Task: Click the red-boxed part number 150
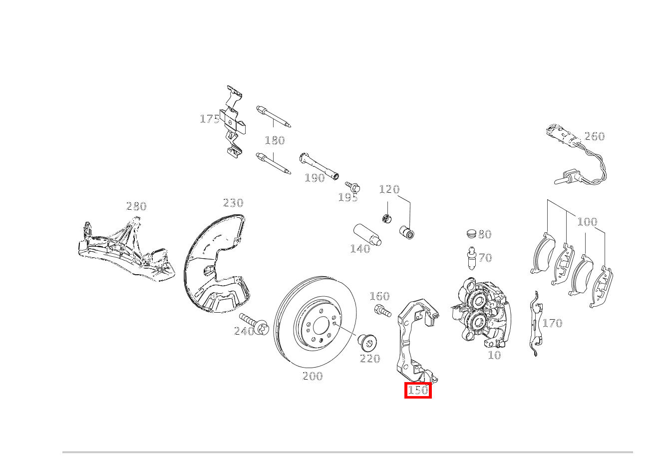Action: coord(418,390)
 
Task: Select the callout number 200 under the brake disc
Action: coord(313,376)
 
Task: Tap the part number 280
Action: coord(136,206)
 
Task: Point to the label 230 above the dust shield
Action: coord(233,203)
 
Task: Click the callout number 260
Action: coord(595,136)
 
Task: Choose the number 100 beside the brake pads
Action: coord(587,221)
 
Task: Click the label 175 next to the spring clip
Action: coord(210,119)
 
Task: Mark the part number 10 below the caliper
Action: coord(494,355)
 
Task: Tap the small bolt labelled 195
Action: coord(352,187)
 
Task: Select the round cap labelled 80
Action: coord(472,234)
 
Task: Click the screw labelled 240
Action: coord(254,324)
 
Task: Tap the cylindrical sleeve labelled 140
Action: coord(367,235)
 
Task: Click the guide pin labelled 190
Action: coord(319,166)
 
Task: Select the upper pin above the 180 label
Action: coord(274,116)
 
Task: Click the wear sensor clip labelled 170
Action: coord(536,324)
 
